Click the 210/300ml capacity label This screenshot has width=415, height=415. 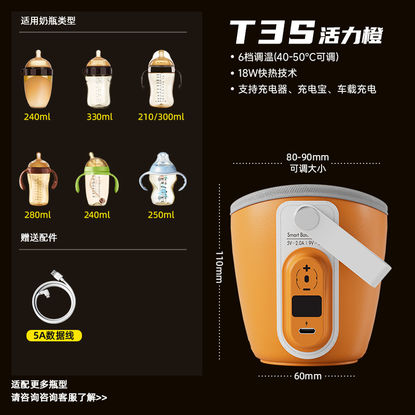click(x=161, y=117)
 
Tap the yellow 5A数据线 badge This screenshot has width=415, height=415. click(x=54, y=336)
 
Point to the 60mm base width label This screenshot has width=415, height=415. click(x=309, y=376)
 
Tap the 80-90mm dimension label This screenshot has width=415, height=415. click(x=308, y=157)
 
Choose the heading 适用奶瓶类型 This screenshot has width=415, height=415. click(x=48, y=21)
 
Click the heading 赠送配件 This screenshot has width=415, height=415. click(x=39, y=238)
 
